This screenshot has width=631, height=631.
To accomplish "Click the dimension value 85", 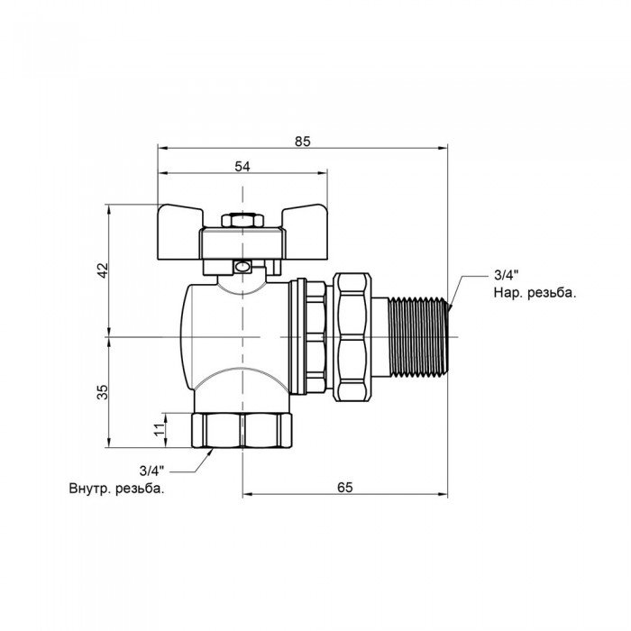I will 302,141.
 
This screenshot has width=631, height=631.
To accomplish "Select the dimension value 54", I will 242,165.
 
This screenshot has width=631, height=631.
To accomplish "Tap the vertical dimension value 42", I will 102,270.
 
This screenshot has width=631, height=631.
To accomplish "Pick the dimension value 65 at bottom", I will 344,487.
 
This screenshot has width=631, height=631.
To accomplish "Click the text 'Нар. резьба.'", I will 535,292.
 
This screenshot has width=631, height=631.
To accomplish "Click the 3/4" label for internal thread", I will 153,471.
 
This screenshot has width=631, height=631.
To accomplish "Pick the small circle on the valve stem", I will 242,267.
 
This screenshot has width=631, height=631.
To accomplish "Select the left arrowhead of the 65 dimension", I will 246,495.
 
